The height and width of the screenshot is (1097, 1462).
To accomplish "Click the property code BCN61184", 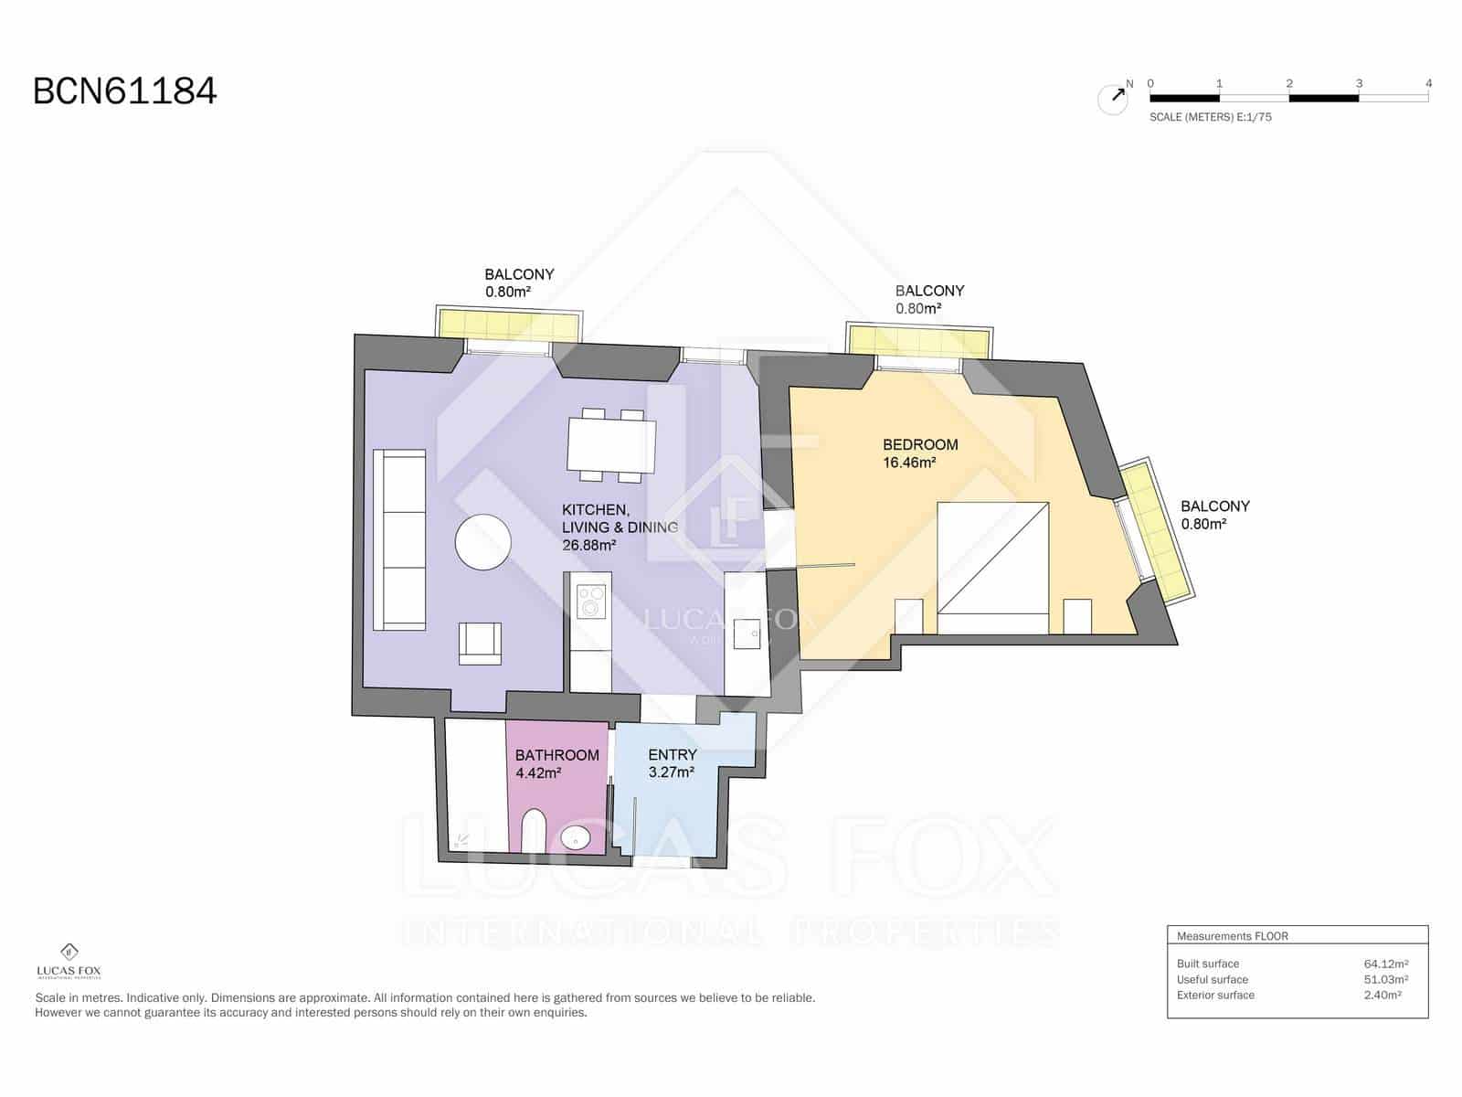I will pos(125,91).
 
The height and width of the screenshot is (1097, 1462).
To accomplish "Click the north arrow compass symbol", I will pos(1113,99).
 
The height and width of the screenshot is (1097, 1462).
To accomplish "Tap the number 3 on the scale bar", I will pos(1359,83).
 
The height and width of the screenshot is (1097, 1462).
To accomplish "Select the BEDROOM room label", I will pos(920,445).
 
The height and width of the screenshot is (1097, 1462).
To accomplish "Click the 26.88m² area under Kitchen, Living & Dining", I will pos(588,546).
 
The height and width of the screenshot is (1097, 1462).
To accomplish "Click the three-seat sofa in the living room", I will pos(399,539).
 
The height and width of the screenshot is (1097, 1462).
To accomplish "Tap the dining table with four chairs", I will pos(611,445).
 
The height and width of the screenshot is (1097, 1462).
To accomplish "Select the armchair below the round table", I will pos(480,642).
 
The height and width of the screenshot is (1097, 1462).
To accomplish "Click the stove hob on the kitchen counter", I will pos(591,601).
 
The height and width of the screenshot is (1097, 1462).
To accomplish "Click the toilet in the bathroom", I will pos(534,833).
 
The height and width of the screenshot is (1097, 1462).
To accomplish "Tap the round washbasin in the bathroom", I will pos(576,836).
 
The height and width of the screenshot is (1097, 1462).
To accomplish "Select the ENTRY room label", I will pos(672,755).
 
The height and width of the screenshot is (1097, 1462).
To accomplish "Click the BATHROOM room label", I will pos(556,755).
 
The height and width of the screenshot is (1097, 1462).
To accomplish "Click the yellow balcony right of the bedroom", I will pos(1155,530).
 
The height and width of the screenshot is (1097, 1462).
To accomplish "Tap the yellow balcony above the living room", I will pos(509,325).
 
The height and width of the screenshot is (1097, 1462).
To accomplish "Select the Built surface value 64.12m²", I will pos(1385,964).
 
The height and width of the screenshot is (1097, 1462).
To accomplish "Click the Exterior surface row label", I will pos(1215,996).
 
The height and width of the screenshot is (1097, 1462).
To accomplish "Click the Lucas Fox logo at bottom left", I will pos(69,960).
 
